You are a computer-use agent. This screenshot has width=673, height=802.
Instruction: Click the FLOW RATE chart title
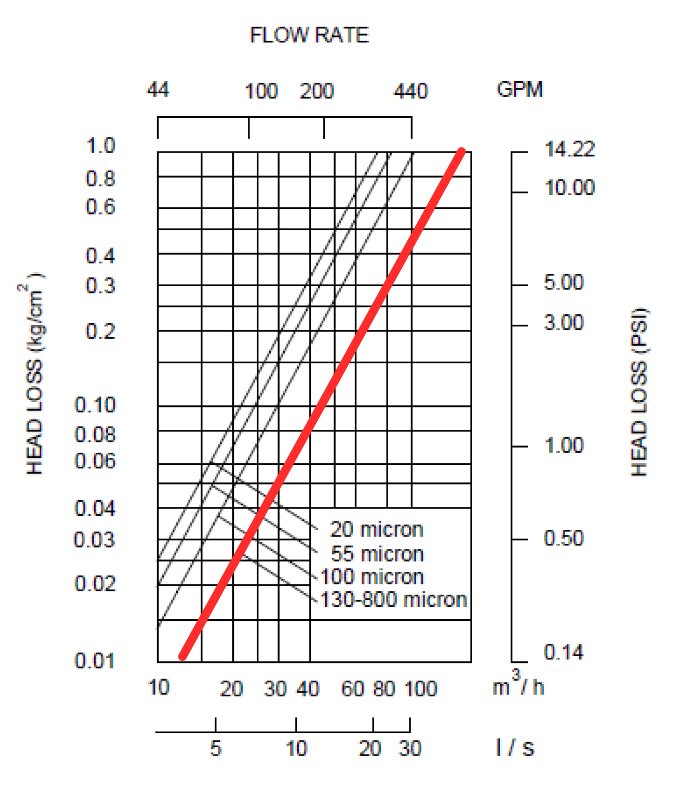pyautogui.click(x=309, y=35)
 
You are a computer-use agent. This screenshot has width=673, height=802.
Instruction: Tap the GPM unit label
pyautogui.click(x=519, y=89)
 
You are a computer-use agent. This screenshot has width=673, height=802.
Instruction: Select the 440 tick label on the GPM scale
pyautogui.click(x=411, y=91)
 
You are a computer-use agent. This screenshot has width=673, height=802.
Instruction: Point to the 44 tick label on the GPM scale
pyautogui.click(x=158, y=89)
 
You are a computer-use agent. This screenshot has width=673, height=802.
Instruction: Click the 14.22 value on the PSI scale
pyautogui.click(x=569, y=149)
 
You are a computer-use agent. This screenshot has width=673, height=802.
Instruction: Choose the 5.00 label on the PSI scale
pyautogui.click(x=563, y=282)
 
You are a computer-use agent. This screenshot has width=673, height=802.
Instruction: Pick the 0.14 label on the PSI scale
pyautogui.click(x=563, y=652)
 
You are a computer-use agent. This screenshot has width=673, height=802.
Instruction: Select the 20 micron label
pyautogui.click(x=376, y=529)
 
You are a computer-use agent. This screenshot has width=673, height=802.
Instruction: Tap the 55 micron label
pyautogui.click(x=377, y=554)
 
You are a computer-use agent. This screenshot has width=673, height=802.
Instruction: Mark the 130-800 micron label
pyautogui.click(x=393, y=600)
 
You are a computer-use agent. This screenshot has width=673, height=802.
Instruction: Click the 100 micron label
pyautogui.click(x=372, y=577)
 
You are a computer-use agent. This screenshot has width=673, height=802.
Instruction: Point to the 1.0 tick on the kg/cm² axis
pyautogui.click(x=101, y=146)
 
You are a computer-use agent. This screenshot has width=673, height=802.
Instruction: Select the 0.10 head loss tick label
pyautogui.click(x=95, y=405)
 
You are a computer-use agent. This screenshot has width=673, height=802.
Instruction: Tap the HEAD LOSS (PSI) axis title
pyautogui.click(x=639, y=391)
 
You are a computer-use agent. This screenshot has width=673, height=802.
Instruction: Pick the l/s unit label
pyautogui.click(x=515, y=747)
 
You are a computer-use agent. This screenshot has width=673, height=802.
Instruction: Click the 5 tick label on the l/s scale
pyautogui.click(x=216, y=748)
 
